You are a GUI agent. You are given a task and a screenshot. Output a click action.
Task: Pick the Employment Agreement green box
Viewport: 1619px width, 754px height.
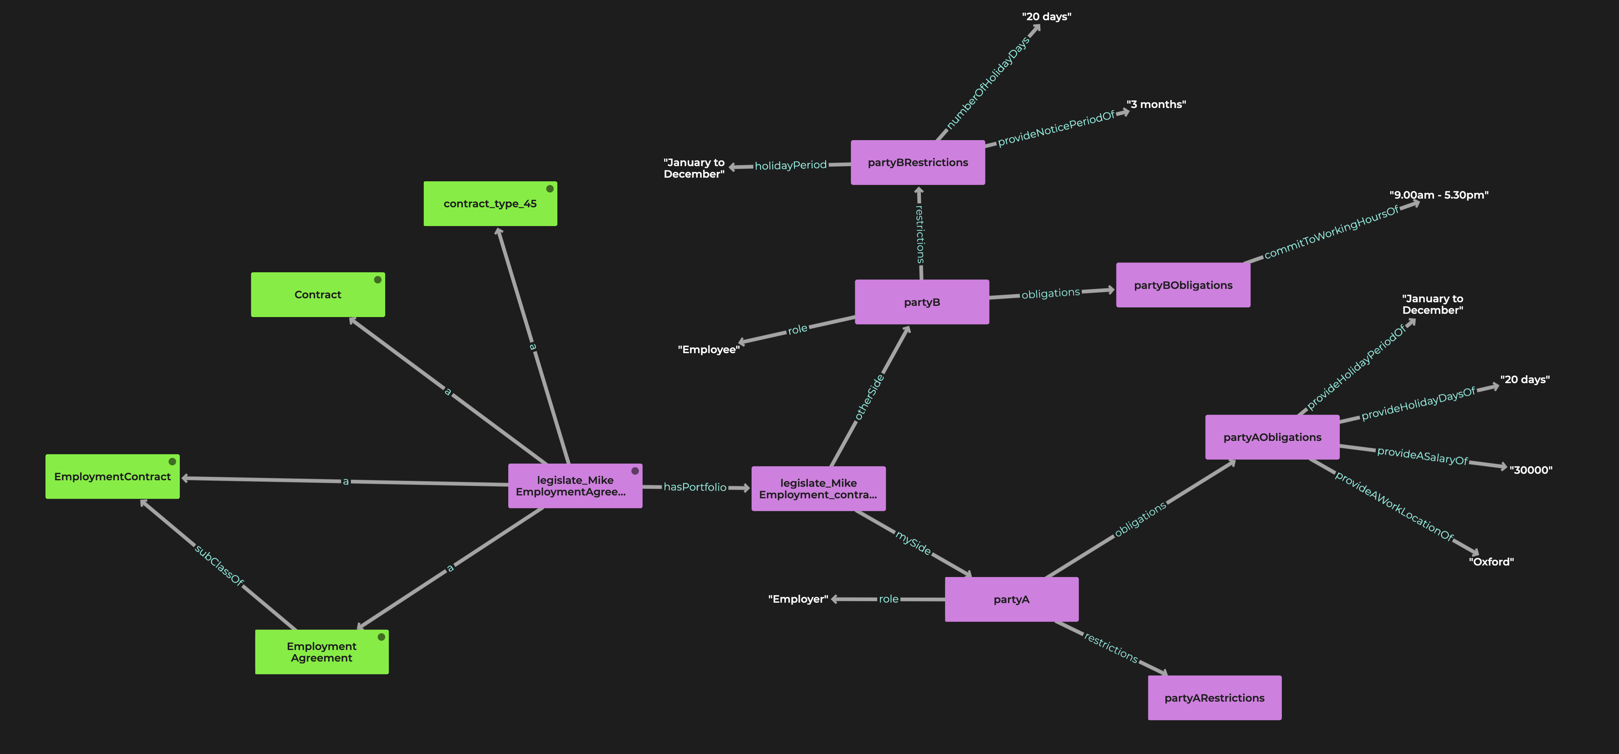click(321, 652)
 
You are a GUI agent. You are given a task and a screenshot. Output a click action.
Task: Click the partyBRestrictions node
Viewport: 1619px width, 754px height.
click(918, 162)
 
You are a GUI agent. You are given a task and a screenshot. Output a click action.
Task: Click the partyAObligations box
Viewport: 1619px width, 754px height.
click(1272, 437)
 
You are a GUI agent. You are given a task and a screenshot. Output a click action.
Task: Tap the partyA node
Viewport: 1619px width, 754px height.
click(1011, 599)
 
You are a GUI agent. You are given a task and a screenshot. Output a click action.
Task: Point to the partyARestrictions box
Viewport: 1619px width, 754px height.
click(1214, 698)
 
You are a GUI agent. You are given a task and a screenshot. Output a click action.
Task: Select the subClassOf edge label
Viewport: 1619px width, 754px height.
click(219, 565)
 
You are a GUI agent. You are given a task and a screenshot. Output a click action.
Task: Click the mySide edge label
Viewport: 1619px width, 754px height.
click(913, 542)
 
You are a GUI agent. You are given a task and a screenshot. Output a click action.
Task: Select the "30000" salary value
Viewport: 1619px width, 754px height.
click(1531, 470)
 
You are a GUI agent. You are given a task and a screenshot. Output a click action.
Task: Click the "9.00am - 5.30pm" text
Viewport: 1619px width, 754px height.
click(1438, 195)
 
